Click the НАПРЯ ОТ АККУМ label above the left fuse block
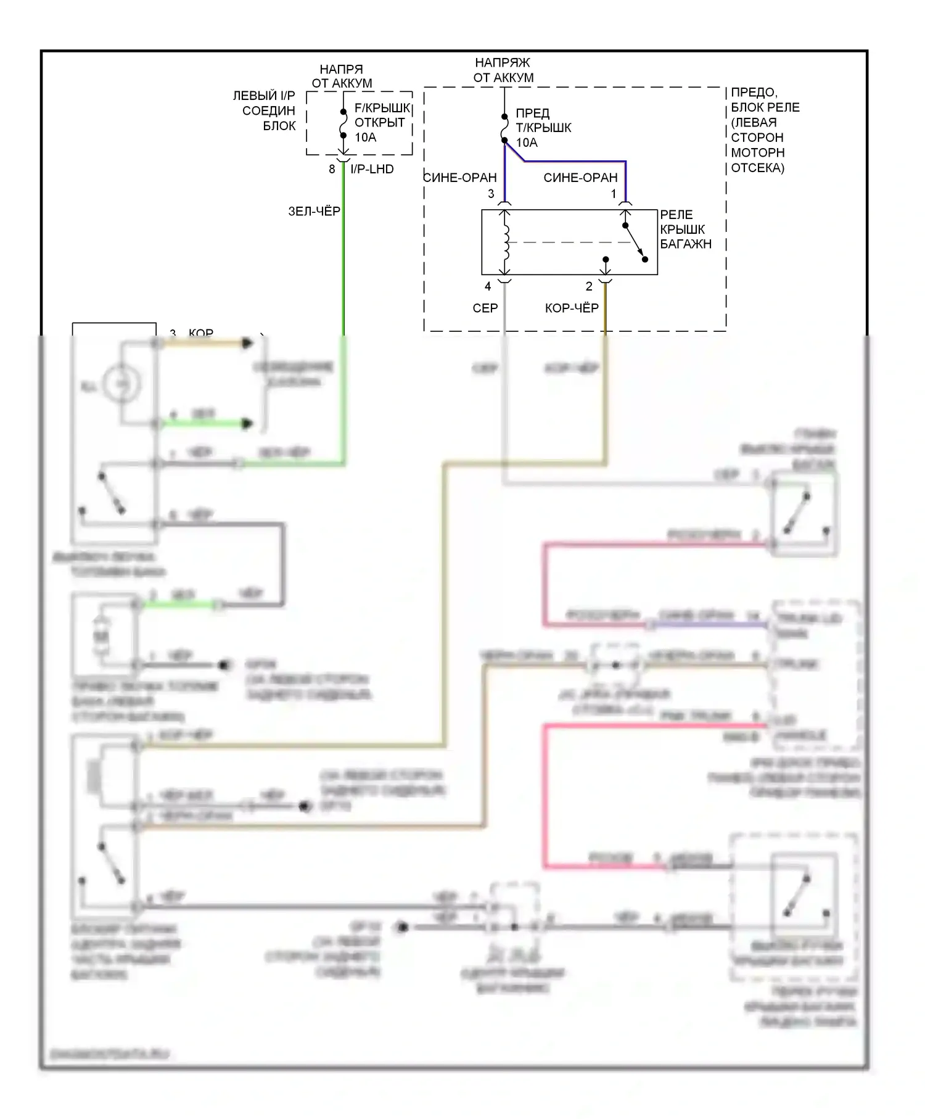pyautogui.click(x=342, y=76)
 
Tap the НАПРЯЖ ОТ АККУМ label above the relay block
pyautogui.click(x=503, y=70)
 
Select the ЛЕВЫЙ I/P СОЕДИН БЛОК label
pyautogui.click(x=265, y=110)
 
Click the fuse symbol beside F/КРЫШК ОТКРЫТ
pyautogui.click(x=343, y=123)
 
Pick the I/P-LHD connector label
pyautogui.click(x=372, y=169)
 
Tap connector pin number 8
pyautogui.click(x=332, y=169)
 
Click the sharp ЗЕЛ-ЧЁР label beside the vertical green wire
pyautogui.click(x=314, y=212)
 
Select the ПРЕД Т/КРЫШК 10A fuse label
pyautogui.click(x=543, y=128)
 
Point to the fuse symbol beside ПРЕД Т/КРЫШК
pyautogui.click(x=504, y=128)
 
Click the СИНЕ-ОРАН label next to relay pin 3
pyautogui.click(x=460, y=178)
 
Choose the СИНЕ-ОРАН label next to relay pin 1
pyautogui.click(x=580, y=178)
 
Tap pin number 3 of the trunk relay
pyautogui.click(x=491, y=194)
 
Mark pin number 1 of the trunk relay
pyautogui.click(x=614, y=194)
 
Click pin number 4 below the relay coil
pyautogui.click(x=488, y=286)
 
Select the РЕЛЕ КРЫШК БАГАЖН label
pyautogui.click(x=685, y=229)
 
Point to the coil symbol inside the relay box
pyautogui.click(x=506, y=242)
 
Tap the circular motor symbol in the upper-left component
pyautogui.click(x=121, y=384)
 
